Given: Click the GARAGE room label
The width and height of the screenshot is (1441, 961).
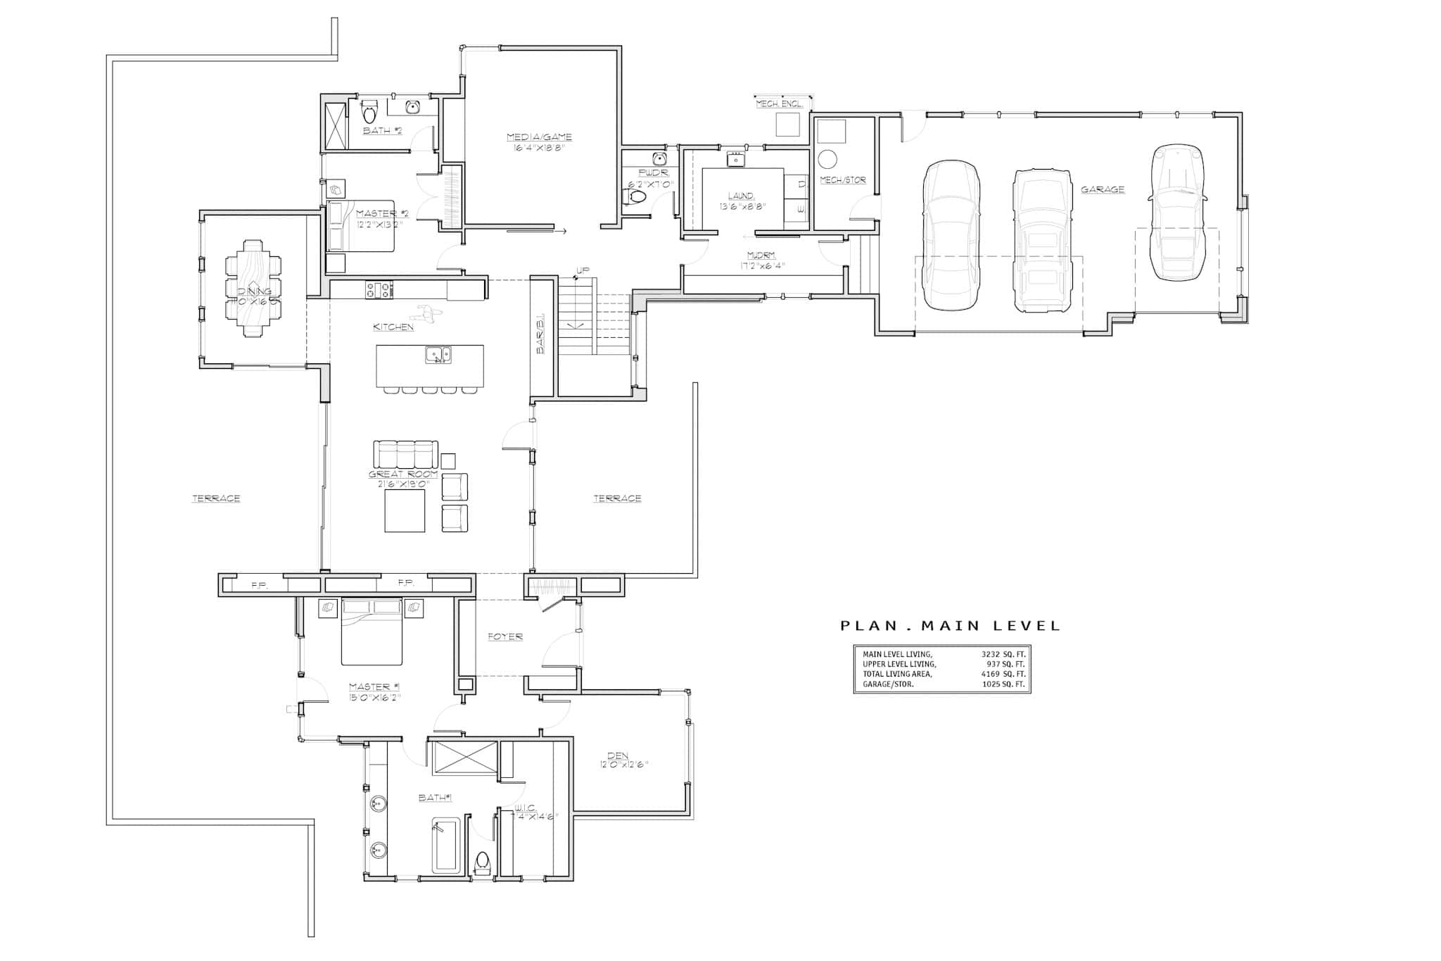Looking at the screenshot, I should (x=1103, y=189).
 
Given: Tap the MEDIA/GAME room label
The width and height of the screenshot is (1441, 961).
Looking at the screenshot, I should (x=540, y=137).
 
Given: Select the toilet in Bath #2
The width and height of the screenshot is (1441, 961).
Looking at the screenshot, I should (x=369, y=112).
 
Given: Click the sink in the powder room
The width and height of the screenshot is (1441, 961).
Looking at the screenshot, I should (x=659, y=158).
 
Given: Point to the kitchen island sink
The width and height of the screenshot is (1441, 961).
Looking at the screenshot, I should (x=438, y=356).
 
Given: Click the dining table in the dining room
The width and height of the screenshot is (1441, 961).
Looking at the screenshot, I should (x=253, y=288).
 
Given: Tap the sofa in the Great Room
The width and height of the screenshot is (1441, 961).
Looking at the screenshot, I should (x=405, y=454).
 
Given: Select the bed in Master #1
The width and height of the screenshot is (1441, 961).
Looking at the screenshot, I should (x=372, y=632).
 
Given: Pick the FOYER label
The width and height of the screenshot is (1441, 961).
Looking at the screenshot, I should (x=505, y=636).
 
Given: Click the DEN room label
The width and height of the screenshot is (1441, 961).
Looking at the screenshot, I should (x=618, y=755).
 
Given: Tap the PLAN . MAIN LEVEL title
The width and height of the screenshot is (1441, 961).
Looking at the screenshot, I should (x=950, y=625).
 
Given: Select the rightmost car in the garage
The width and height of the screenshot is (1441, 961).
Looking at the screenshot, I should (x=1177, y=213).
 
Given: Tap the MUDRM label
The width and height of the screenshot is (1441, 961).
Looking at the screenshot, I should (x=761, y=256).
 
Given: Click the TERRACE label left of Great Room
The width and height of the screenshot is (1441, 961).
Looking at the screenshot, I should (x=216, y=498).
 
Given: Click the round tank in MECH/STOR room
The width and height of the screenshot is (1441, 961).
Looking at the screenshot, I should (x=828, y=158).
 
